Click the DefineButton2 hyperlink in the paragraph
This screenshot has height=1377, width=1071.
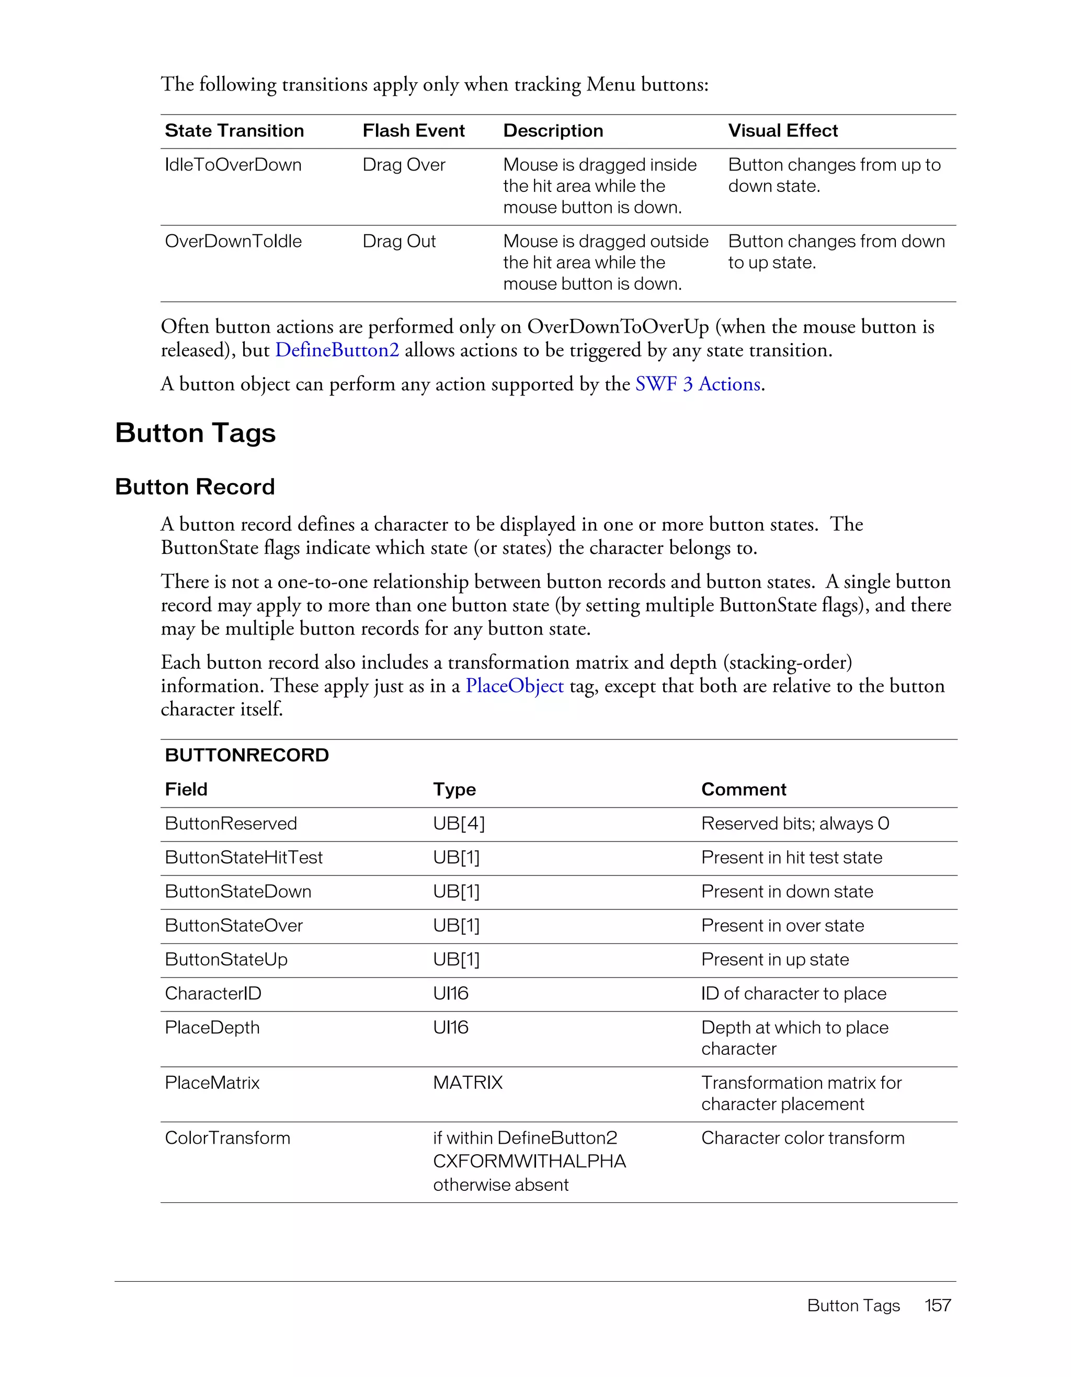pyautogui.click(x=337, y=350)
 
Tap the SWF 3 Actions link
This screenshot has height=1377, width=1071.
pyautogui.click(x=699, y=384)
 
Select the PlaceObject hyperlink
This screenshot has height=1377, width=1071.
pyautogui.click(x=515, y=686)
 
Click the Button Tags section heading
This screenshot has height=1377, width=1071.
pyautogui.click(x=196, y=433)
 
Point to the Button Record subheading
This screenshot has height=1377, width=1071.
pyautogui.click(x=195, y=487)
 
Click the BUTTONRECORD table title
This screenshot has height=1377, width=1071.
pyautogui.click(x=246, y=755)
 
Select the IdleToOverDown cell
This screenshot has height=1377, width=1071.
pyautogui.click(x=233, y=165)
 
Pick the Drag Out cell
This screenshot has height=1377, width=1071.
pyautogui.click(x=399, y=242)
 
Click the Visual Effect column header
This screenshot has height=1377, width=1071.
pyautogui.click(x=782, y=131)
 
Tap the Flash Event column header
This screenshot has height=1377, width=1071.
pyautogui.click(x=414, y=131)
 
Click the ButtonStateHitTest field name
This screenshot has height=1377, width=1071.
pyautogui.click(x=243, y=858)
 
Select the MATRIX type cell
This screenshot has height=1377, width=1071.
pyautogui.click(x=468, y=1083)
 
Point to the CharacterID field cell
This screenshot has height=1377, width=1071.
pyautogui.click(x=213, y=994)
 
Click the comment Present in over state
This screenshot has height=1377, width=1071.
pyautogui.click(x=782, y=926)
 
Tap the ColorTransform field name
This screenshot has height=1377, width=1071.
pyautogui.click(x=227, y=1138)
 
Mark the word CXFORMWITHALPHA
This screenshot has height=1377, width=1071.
pyautogui.click(x=529, y=1162)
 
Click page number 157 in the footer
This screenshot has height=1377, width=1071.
pyautogui.click(x=937, y=1305)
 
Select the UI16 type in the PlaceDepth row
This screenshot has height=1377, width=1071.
pyautogui.click(x=450, y=1028)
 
